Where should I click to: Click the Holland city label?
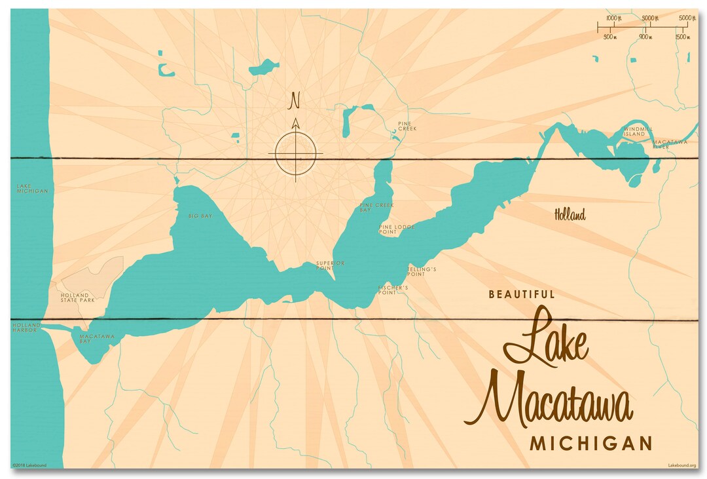coord(570,214)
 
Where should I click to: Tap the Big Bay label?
coord(200,216)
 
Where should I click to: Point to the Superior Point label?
coord(330,265)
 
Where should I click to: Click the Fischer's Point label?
coord(393,290)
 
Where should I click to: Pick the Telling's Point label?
coord(421,271)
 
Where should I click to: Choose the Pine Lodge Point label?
coord(396,229)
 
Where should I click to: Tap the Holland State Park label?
coord(78,297)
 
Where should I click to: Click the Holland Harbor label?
coord(26,328)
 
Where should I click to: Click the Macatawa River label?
coord(669,144)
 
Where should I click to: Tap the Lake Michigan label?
coord(32,189)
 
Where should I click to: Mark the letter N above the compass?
coord(295,101)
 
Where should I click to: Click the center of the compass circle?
coord(295,155)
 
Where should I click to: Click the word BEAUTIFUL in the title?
coord(522,295)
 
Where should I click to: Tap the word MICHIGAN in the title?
coord(590,443)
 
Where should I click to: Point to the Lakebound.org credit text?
coord(681,465)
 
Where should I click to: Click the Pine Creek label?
coord(407,126)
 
